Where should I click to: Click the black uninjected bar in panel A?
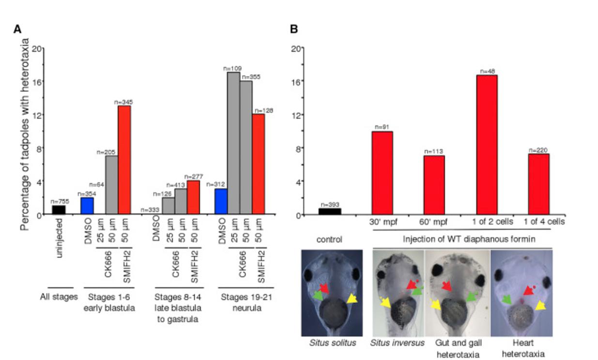(59, 210)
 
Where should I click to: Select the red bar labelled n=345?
(124, 160)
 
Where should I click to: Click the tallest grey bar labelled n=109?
(233, 143)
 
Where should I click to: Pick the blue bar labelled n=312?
(220, 202)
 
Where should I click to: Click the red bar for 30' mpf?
(382, 173)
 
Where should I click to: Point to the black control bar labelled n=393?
(330, 211)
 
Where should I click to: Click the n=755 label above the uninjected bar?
(59, 202)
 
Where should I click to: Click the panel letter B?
(294, 29)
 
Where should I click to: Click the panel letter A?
(17, 29)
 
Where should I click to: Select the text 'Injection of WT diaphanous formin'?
(462, 239)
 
